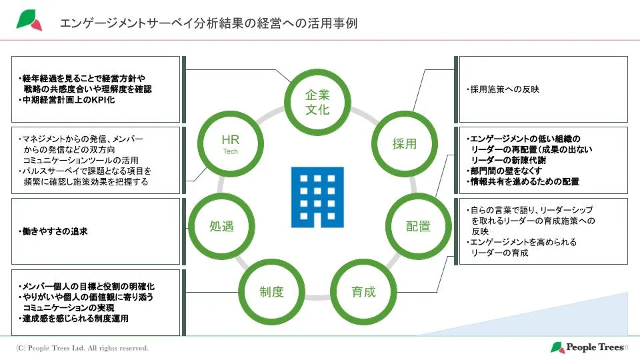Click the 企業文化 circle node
coord(317,102)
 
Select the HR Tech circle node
coord(230,144)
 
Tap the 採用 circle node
coord(404,144)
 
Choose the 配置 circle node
coord(419,226)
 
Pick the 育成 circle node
coord(363,291)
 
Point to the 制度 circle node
coord(272,291)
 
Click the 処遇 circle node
coord(221,226)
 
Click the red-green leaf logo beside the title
coord(29,21)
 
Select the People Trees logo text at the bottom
coord(589,347)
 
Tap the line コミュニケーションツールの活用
coord(81,160)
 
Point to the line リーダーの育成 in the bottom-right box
coord(499,253)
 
